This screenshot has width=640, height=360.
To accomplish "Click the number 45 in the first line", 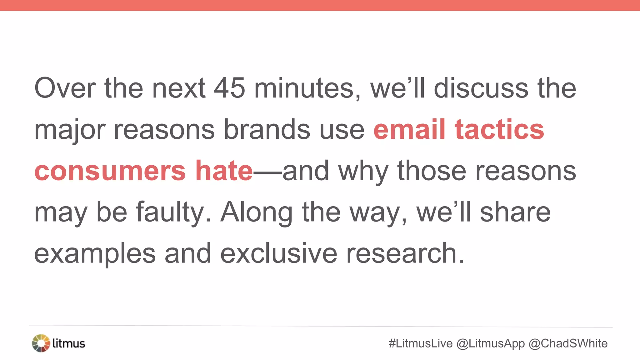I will (x=229, y=88).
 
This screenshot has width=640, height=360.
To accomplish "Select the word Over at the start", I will (x=65, y=88).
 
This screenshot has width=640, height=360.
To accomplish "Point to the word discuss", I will (x=481, y=88).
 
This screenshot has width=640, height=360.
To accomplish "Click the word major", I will (x=69, y=130).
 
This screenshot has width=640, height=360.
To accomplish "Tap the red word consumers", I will (x=110, y=171).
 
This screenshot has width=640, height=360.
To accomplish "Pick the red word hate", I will (x=224, y=171).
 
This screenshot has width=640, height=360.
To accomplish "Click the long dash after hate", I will (x=267, y=171).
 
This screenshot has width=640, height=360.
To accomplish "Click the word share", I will (x=515, y=212).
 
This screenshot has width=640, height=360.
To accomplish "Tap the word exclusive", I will (x=279, y=253).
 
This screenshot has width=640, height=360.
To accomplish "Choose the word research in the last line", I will (x=405, y=253).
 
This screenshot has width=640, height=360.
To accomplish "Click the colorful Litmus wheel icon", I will (x=41, y=343).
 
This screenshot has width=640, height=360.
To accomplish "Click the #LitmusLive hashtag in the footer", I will (x=421, y=343).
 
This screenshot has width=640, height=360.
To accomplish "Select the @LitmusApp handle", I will (x=491, y=343).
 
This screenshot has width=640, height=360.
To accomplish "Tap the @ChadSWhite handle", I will (x=568, y=343).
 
